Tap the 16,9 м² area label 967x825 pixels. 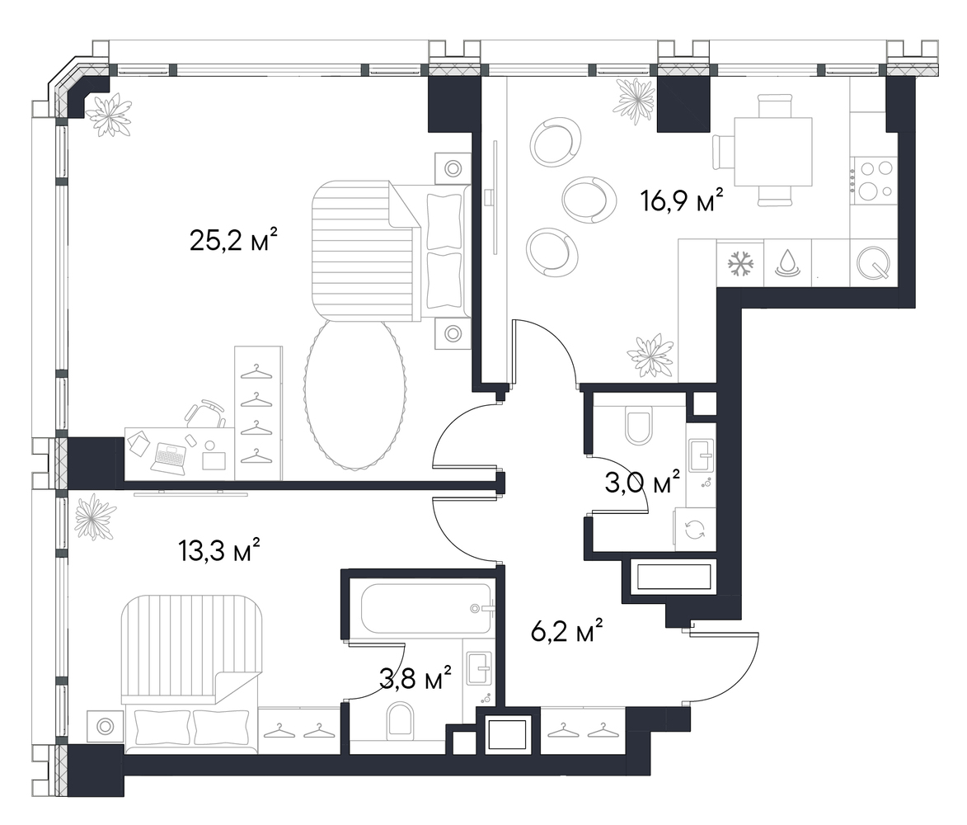682,200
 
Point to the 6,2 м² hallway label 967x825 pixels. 566,631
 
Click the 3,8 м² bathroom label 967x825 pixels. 415,678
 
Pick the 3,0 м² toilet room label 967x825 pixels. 642,483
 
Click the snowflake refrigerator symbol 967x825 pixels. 740,263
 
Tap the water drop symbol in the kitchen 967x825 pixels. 787,262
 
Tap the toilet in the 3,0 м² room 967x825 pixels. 639,425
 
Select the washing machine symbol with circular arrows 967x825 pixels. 695,529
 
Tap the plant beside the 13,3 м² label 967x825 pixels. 95,516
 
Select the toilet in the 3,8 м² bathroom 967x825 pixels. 400,723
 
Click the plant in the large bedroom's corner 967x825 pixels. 109,114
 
